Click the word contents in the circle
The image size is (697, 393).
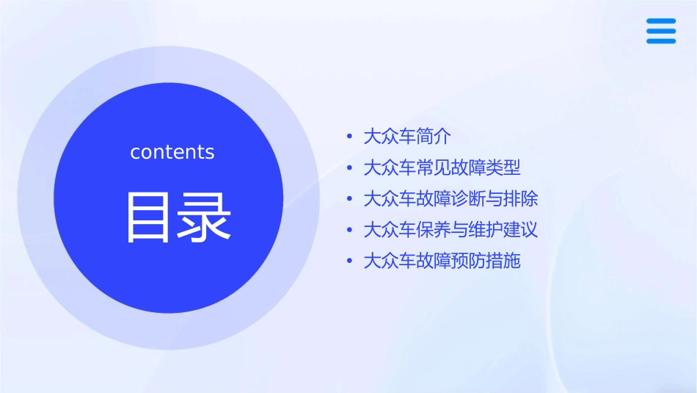tap(172, 152)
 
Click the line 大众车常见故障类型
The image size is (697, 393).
tap(442, 167)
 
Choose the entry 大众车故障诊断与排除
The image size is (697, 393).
tap(450, 199)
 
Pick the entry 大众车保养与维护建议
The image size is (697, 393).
tap(450, 230)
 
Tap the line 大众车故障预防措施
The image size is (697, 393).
tap(442, 261)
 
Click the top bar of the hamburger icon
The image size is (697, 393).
tap(661, 21)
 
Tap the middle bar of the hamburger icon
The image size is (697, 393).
tap(661, 31)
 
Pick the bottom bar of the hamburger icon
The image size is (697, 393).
tap(661, 40)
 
